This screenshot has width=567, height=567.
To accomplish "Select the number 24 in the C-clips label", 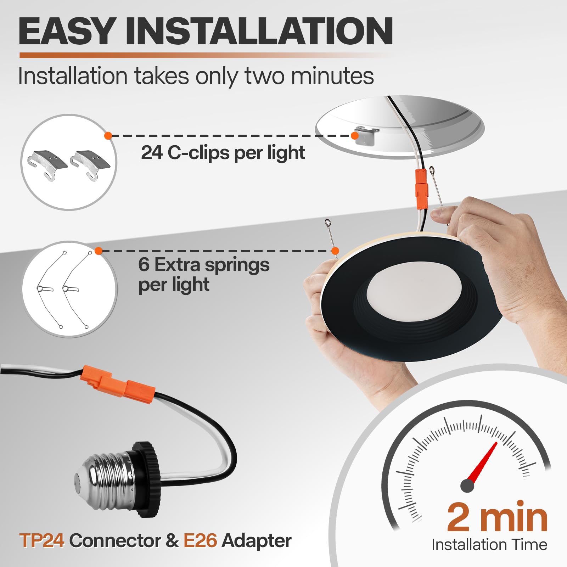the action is pyautogui.click(x=152, y=152).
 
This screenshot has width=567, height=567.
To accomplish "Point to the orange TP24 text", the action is pyautogui.click(x=42, y=541).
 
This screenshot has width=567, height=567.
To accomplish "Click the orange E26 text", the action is pyautogui.click(x=200, y=541).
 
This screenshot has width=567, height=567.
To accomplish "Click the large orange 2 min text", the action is pyautogui.click(x=497, y=518).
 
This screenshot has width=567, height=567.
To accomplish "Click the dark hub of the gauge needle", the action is pyautogui.click(x=467, y=485).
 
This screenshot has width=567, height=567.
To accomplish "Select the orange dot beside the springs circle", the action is pyautogui.click(x=99, y=251).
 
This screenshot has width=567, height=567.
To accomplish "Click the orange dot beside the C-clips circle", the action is pyautogui.click(x=108, y=135).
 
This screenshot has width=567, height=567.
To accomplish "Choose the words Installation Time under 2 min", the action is pyautogui.click(x=489, y=544).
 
